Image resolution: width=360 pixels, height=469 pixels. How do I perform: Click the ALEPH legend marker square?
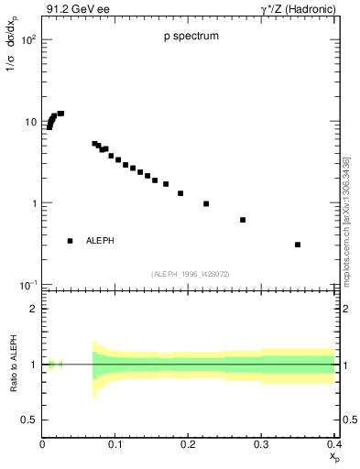click(x=70, y=241)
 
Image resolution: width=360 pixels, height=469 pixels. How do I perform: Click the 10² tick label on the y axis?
click(x=28, y=41)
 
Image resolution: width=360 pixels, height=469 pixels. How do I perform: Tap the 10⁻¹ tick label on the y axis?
click(x=28, y=285)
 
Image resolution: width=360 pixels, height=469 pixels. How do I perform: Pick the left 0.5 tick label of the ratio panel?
click(x=30, y=420)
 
